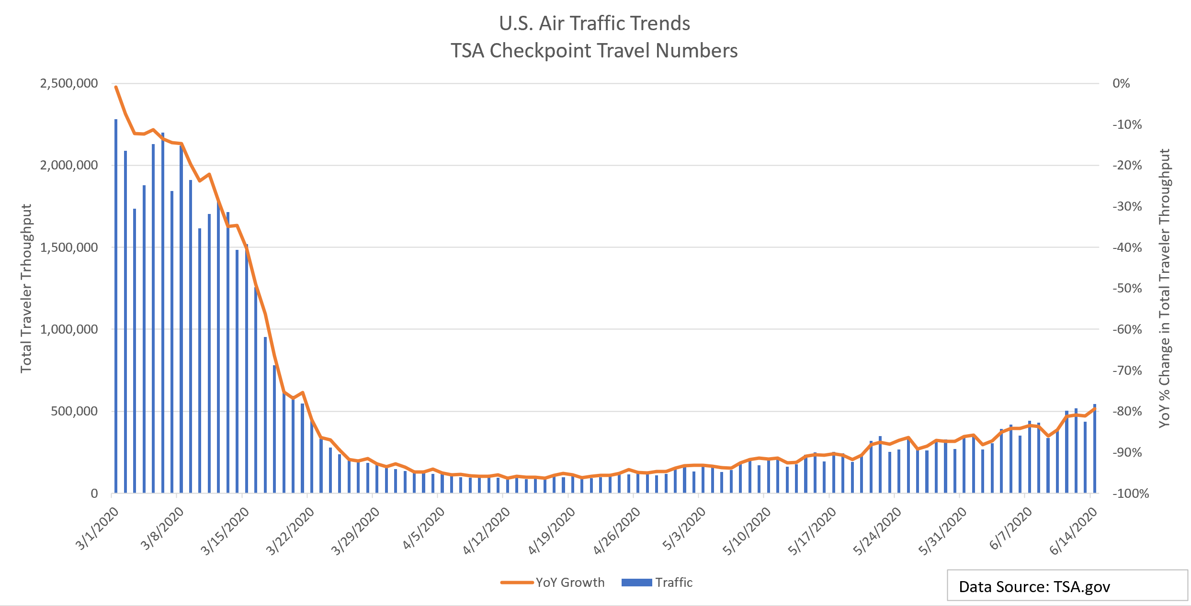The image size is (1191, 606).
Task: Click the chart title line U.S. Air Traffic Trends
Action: (x=594, y=23)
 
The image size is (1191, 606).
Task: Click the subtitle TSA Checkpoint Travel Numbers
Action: (x=594, y=51)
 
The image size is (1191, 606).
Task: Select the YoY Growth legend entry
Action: (x=553, y=583)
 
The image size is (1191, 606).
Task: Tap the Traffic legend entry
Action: (x=658, y=583)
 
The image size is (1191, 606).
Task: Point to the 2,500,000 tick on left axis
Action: (x=69, y=83)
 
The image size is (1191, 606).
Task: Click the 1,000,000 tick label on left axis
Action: (x=69, y=329)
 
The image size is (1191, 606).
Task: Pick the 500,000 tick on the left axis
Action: (x=74, y=411)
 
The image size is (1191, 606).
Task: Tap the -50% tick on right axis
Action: (x=1127, y=288)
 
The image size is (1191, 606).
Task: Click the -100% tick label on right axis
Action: (x=1130, y=494)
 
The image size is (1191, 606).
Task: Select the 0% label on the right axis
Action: (x=1121, y=83)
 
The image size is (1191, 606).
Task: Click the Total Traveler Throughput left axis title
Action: (x=26, y=288)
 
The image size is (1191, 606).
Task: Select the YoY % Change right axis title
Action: (x=1165, y=288)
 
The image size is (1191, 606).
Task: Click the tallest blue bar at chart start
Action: (x=116, y=306)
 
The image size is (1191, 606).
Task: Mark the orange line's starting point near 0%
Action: (x=116, y=87)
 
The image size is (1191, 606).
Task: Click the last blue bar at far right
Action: (x=1095, y=449)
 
